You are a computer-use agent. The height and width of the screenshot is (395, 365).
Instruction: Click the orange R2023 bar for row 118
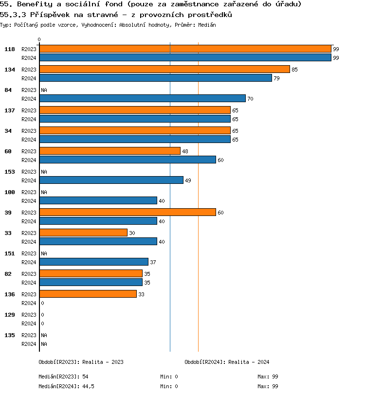(185, 49)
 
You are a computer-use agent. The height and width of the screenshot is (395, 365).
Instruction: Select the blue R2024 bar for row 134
(155, 78)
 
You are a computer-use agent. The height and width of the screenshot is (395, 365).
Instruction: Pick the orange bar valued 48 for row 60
(109, 151)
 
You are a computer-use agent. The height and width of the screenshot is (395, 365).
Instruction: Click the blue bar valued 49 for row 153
(111, 180)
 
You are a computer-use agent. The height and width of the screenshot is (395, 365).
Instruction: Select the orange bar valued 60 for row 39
(127, 213)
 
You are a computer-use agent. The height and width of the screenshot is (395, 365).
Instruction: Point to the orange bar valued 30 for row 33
(83, 233)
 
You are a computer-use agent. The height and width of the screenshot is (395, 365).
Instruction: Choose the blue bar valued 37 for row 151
(93, 262)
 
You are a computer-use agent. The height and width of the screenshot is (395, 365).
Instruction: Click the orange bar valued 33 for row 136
(88, 294)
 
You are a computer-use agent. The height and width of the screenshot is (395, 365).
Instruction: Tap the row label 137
(9, 110)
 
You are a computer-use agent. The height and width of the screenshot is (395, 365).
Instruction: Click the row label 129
(9, 315)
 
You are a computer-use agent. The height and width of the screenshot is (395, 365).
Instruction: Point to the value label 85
(294, 70)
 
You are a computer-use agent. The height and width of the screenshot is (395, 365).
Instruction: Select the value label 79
(276, 78)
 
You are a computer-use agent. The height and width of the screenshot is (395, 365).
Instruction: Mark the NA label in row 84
(44, 90)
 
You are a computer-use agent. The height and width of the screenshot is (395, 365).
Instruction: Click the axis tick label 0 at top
(39, 40)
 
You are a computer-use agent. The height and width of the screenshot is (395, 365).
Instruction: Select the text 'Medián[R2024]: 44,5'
(66, 386)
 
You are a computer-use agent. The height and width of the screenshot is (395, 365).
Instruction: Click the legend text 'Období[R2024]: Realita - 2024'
(227, 362)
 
